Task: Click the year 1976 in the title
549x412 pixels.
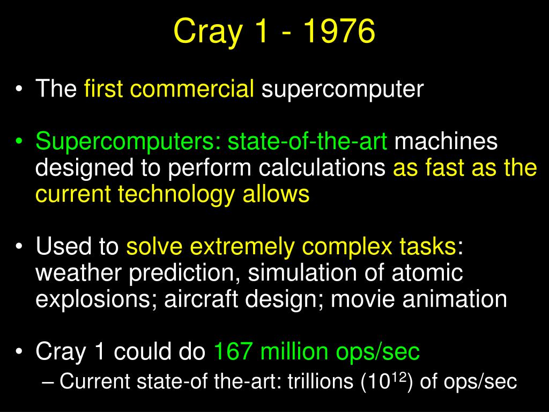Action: coord(339,31)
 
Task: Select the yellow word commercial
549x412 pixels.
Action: coord(192,89)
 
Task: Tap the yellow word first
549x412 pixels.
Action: coord(103,89)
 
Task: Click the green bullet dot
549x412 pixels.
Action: coord(19,141)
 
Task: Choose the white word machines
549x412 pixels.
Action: coord(446,141)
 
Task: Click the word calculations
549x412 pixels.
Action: coord(322,167)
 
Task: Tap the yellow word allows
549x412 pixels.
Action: coord(276,194)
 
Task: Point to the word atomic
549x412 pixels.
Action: coord(427,273)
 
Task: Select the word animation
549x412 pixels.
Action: coord(455,299)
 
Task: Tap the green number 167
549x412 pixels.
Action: coord(233,351)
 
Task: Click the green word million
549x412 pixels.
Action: coord(294,351)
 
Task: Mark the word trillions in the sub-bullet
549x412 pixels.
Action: coord(321,381)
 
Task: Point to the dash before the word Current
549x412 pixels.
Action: coord(47,382)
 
